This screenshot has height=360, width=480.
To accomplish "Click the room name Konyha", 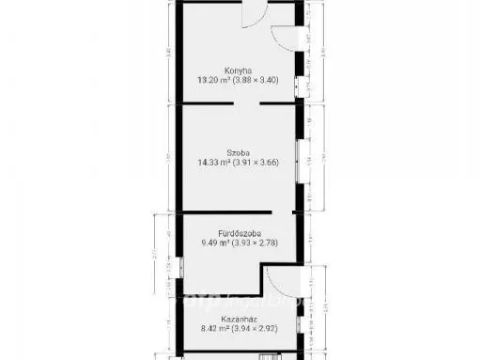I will (x=237, y=69).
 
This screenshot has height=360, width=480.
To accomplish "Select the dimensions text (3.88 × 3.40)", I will (x=258, y=80).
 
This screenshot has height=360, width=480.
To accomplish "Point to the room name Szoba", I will (x=237, y=151).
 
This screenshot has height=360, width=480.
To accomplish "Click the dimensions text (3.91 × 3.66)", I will (x=258, y=163).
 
